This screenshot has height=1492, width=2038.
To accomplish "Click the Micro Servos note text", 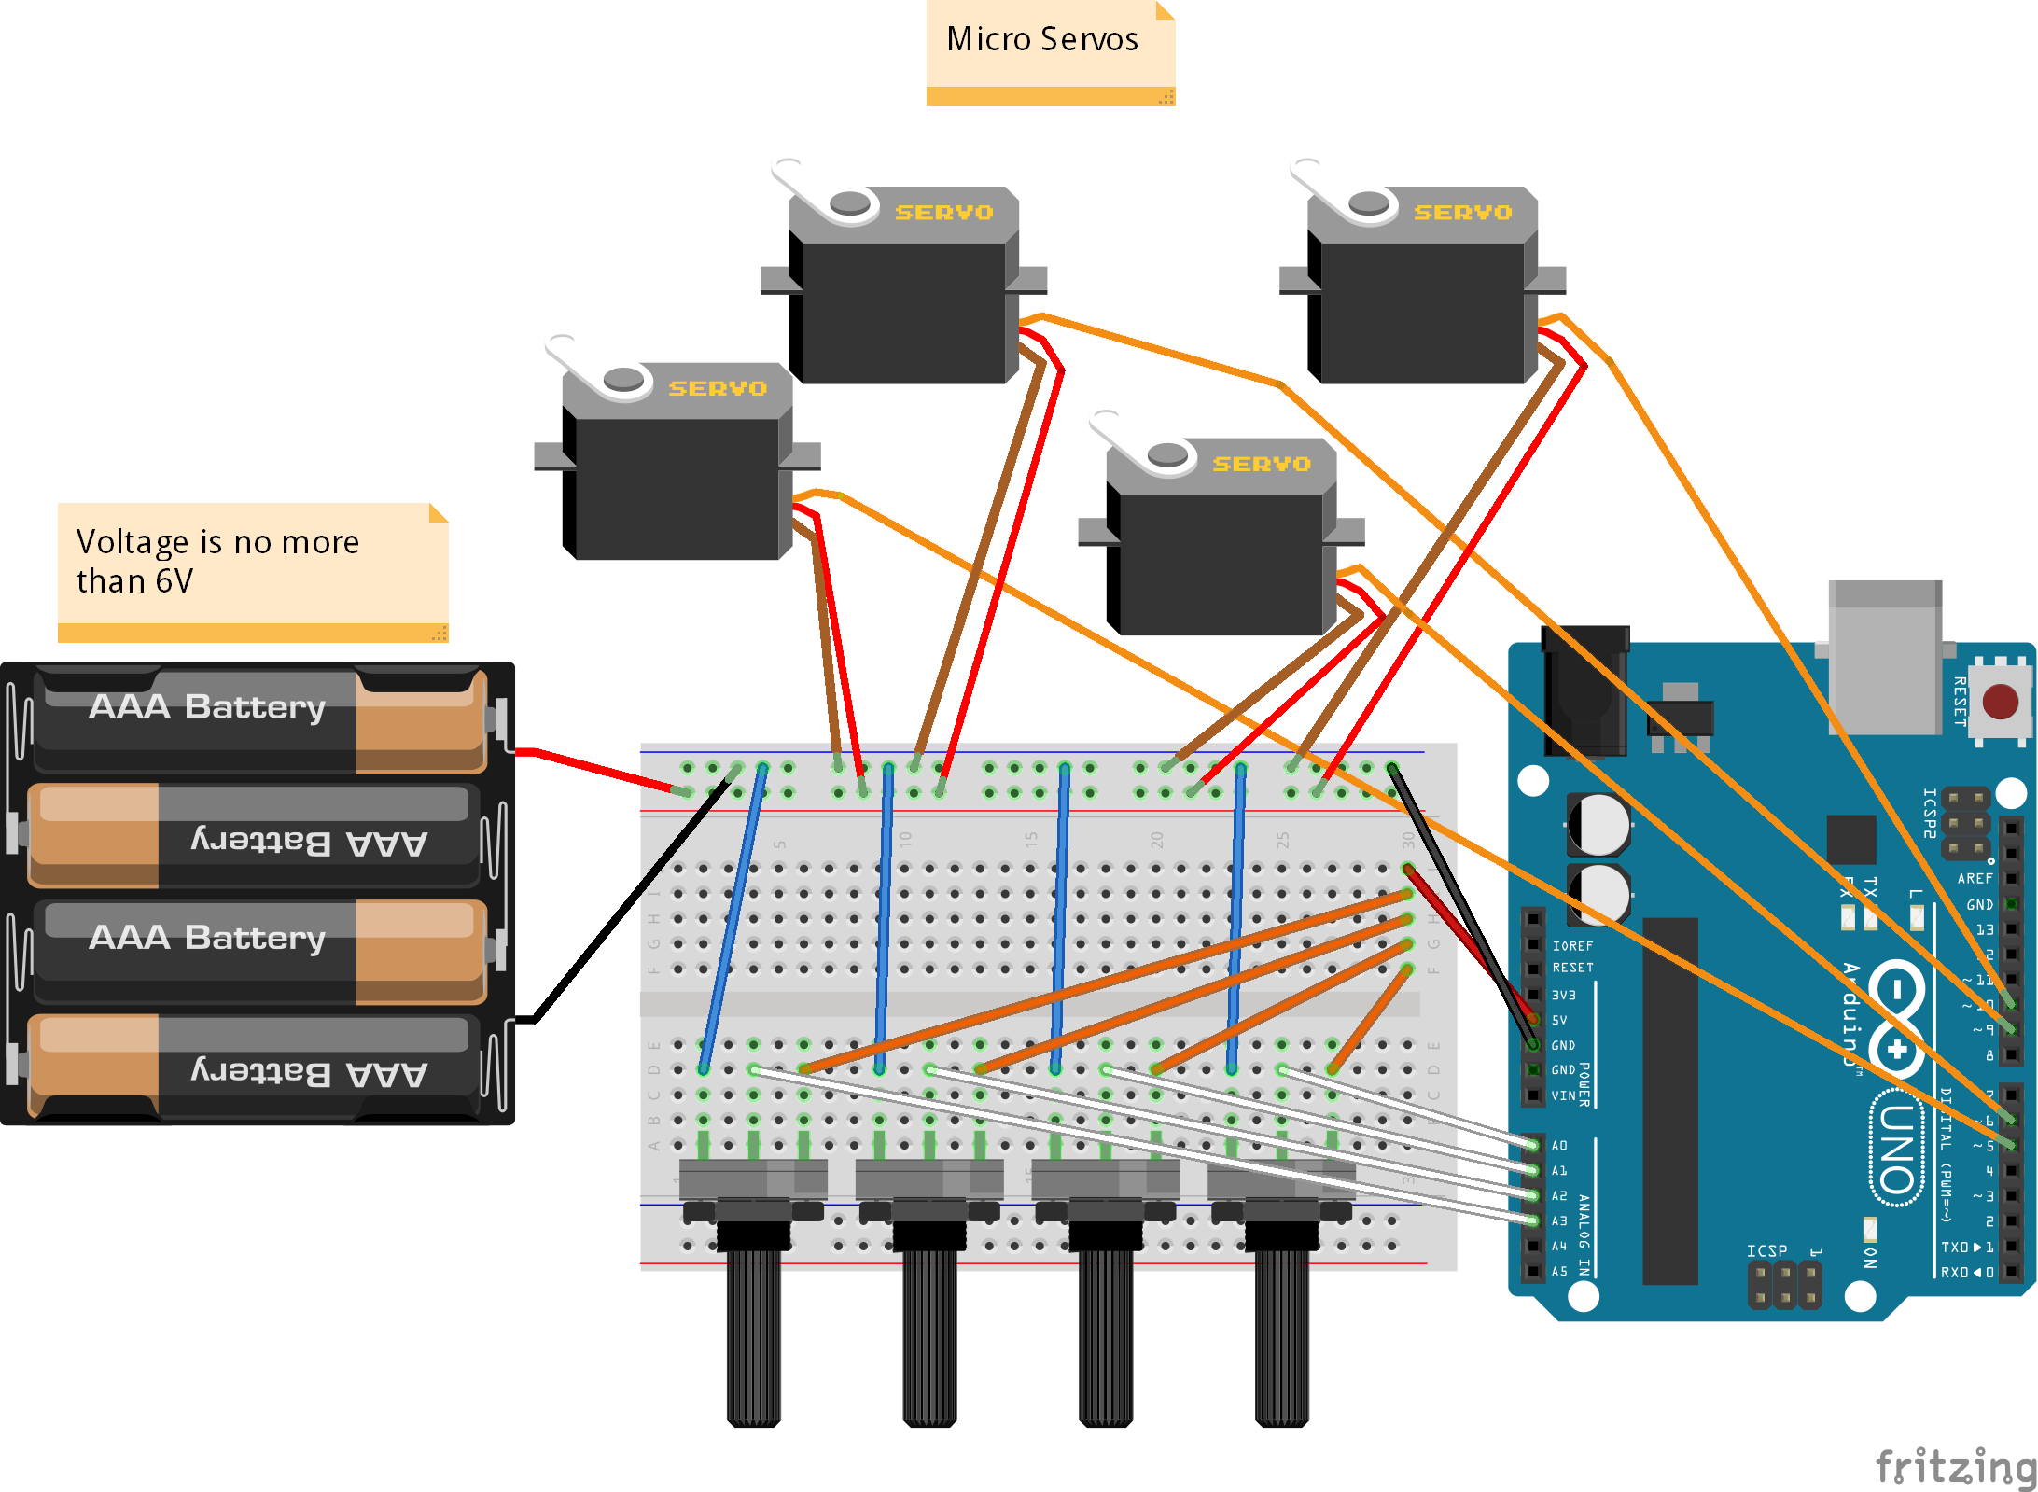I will pyautogui.click(x=1041, y=39).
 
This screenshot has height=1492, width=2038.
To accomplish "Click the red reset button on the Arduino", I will pyautogui.click(x=2000, y=702).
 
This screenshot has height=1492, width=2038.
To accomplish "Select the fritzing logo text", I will pyautogui.click(x=1954, y=1466).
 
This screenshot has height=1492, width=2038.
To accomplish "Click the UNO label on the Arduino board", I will pyautogui.click(x=1898, y=1149).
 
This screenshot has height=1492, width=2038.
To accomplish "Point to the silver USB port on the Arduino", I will pyautogui.click(x=1884, y=658).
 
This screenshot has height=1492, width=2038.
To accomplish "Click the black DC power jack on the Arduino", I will pyautogui.click(x=1584, y=690).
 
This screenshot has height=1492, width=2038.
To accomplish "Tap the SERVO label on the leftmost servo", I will pyautogui.click(x=717, y=388).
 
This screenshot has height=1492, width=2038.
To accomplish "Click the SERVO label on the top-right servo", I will pyautogui.click(x=1462, y=213).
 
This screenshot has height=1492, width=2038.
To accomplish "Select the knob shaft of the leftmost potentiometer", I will pyautogui.click(x=753, y=1334).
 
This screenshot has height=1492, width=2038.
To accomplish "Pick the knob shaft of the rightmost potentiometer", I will pyautogui.click(x=1281, y=1334).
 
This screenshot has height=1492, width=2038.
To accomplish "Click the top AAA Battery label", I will pyautogui.click(x=207, y=707).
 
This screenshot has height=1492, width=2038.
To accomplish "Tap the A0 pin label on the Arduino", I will pyautogui.click(x=1559, y=1146).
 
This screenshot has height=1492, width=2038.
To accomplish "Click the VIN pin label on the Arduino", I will pyautogui.click(x=1563, y=1095).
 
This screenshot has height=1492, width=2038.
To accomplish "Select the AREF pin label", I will pyautogui.click(x=1974, y=879).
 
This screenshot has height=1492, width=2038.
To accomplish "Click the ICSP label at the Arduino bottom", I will pyautogui.click(x=1766, y=1250).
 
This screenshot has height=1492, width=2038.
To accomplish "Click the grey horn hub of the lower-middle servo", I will pyautogui.click(x=1166, y=455).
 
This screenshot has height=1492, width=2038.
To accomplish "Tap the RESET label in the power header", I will pyautogui.click(x=1572, y=968).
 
